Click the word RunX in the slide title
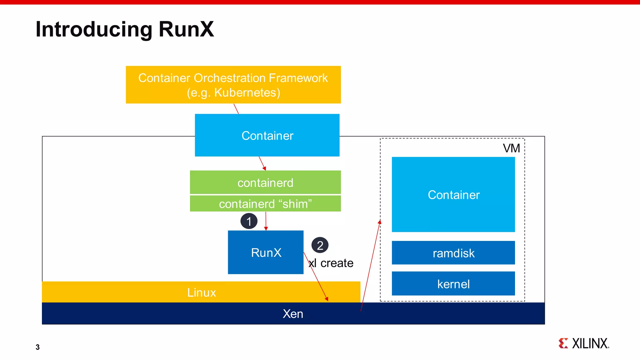[x=186, y=29]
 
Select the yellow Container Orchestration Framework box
[x=233, y=84]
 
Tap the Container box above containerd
[x=267, y=135]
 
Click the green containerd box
[x=265, y=182]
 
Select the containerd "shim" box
[x=265, y=203]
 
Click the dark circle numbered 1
[x=249, y=221]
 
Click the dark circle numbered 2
[x=320, y=245]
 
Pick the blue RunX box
[x=266, y=252]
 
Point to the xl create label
[x=331, y=263]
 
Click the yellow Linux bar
[x=201, y=292]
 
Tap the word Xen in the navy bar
[x=293, y=313]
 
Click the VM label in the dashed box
[x=511, y=148]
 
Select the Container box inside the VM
[x=453, y=194]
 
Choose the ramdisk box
[x=453, y=253]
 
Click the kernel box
[x=453, y=284]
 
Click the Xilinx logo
[x=584, y=343]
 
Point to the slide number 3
[x=37, y=347]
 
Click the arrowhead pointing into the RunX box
[x=266, y=229]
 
